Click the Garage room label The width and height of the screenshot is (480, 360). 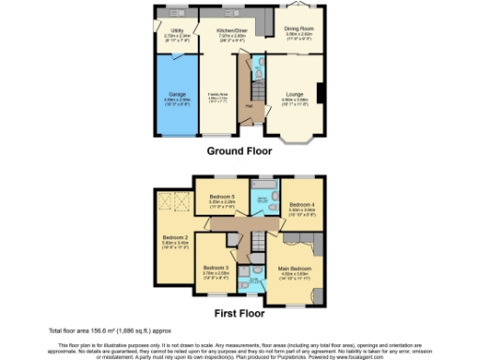[x=177, y=94]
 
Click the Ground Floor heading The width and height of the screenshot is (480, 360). [x=239, y=149]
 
